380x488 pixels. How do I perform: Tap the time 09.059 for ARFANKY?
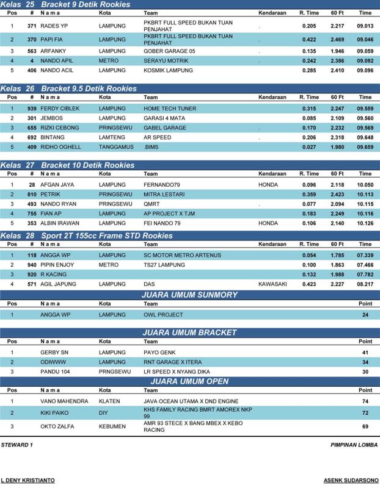[x=365, y=52]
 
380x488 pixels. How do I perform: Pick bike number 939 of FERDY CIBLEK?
[x=32, y=109]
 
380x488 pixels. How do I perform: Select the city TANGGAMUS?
[x=116, y=147]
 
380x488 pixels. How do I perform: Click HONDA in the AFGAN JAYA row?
[x=268, y=185]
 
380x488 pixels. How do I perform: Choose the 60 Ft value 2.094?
[x=337, y=204]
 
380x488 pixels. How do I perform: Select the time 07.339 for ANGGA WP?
[x=365, y=255]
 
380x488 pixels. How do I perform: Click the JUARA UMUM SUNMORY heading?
[x=189, y=295]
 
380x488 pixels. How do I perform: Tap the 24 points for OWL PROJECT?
[x=365, y=315]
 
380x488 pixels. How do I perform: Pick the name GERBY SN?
[x=54, y=353]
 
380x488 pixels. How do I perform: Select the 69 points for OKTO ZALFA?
[x=365, y=426]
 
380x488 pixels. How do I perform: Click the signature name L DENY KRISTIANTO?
[x=27, y=480]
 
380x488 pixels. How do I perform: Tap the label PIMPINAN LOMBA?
[x=354, y=445]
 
